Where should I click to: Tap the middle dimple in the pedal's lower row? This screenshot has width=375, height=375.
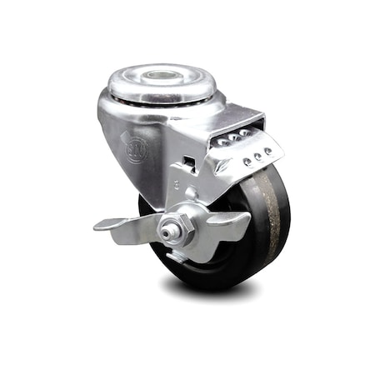point(257,156)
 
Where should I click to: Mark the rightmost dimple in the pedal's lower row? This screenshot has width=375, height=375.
point(268,151)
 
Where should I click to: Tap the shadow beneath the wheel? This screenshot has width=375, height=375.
point(208,287)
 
